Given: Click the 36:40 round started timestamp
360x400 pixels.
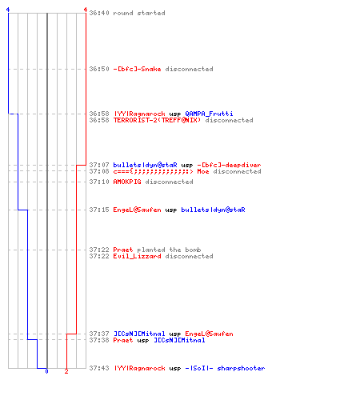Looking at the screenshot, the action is click(99, 13).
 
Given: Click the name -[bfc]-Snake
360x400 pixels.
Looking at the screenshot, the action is click(137, 69).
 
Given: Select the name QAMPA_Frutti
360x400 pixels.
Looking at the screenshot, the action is click(209, 114).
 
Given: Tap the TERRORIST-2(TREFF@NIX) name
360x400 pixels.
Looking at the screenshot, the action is click(157, 120).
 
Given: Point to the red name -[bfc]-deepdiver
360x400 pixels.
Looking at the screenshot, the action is click(229, 165).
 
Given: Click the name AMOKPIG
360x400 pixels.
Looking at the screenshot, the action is click(127, 182).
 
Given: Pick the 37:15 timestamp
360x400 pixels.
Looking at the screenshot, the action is click(99, 210).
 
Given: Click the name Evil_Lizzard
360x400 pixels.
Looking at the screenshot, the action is click(137, 256).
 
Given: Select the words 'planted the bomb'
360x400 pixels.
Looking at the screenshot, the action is click(169, 250).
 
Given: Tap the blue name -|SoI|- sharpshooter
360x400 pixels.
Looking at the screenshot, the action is click(225, 368).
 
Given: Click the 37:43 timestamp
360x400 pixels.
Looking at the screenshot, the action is click(99, 368).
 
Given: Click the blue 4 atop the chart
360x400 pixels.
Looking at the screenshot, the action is click(8, 10).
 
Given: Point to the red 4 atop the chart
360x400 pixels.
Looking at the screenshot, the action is click(86, 10).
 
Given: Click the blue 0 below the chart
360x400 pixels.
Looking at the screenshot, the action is click(46, 371).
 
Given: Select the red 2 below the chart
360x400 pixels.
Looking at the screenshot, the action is click(66, 371).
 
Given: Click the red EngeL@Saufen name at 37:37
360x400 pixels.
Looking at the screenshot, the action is click(209, 334).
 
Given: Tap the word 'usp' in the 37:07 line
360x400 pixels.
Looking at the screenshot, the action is click(187, 166).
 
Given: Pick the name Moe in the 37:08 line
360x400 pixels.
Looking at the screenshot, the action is click(203, 171).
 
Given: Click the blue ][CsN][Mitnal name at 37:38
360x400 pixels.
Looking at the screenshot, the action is click(179, 340).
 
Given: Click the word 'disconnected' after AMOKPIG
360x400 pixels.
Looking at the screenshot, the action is click(169, 182).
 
